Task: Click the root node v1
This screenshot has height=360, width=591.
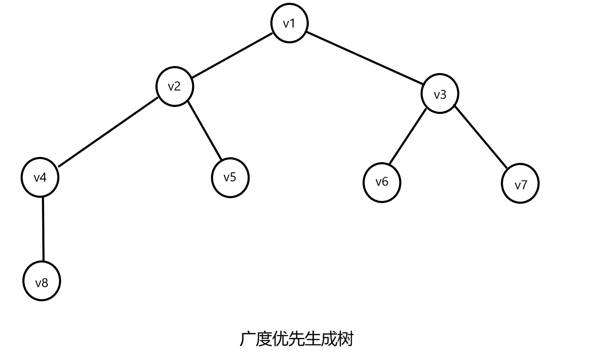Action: click(x=289, y=23)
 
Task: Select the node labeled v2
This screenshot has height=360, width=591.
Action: click(x=174, y=86)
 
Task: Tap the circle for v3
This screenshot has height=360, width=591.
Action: click(x=440, y=94)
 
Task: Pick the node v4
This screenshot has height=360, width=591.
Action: click(x=40, y=178)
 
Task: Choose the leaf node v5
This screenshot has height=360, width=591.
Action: click(x=230, y=178)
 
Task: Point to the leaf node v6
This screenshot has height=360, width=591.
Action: click(x=382, y=182)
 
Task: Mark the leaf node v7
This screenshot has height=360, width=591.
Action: click(x=520, y=184)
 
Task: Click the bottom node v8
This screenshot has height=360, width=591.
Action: click(x=42, y=282)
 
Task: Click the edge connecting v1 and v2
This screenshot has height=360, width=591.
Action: click(x=232, y=55)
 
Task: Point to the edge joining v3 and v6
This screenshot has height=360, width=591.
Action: click(x=408, y=137)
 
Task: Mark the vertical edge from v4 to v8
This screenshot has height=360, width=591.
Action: click(x=43, y=229)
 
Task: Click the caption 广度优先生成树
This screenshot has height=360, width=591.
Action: click(x=296, y=339)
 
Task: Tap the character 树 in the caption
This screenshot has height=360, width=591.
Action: click(x=345, y=339)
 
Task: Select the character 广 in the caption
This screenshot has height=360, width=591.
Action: click(x=247, y=339)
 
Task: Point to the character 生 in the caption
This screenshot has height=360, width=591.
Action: click(x=312, y=339)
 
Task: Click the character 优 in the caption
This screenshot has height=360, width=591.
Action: click(x=280, y=339)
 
